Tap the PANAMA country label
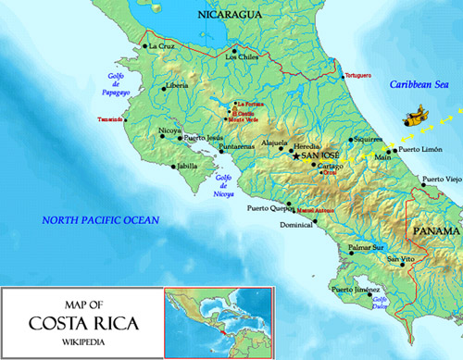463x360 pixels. point(435,230)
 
